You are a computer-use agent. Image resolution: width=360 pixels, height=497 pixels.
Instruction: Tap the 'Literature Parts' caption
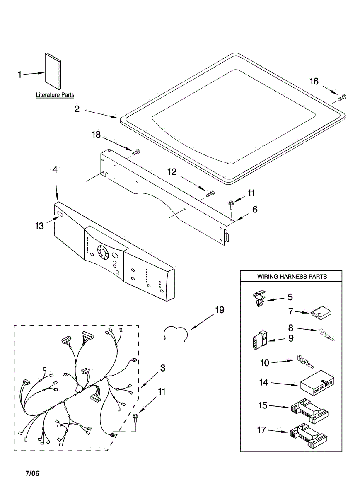55,95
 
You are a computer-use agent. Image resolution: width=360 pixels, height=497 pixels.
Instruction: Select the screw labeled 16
342,98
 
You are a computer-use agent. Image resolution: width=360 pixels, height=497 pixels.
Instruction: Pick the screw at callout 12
210,193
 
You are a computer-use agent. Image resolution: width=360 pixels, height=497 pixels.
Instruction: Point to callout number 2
77,109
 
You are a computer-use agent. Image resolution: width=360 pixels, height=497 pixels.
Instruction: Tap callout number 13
39,226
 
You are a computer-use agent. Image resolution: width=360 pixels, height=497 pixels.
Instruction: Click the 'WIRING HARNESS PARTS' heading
292,276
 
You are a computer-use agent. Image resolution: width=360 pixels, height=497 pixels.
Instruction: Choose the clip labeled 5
259,299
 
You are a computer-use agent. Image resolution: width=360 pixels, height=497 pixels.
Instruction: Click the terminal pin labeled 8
327,334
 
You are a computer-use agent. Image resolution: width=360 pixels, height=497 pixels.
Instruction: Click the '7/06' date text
33,473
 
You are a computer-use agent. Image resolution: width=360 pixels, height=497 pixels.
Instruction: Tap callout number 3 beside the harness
163,368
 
